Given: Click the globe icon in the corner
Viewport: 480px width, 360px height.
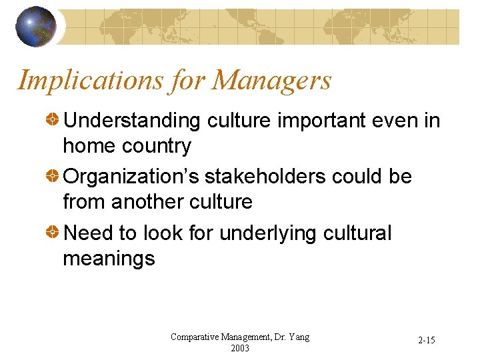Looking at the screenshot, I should click(36, 27).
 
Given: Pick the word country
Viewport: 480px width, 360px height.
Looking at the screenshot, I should click(158, 146).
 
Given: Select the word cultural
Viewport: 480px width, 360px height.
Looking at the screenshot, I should click(361, 233).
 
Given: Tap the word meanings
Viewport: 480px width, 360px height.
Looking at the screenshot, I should click(109, 259).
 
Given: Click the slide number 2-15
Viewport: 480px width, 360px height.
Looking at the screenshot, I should click(427, 341).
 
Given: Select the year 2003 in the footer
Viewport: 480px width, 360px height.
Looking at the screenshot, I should click(240, 348).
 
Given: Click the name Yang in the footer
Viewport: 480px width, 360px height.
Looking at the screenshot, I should click(298, 337).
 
